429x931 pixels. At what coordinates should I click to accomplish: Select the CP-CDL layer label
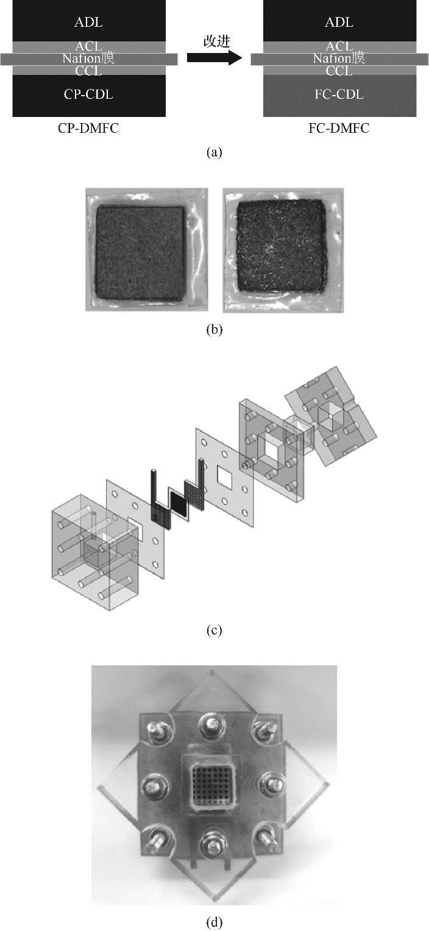(x=88, y=94)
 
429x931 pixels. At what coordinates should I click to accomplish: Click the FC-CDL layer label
(x=339, y=94)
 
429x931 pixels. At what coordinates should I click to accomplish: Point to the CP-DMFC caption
(x=88, y=129)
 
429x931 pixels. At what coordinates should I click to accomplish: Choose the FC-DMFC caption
(x=339, y=129)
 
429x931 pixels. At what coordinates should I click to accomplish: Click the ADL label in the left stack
(x=88, y=23)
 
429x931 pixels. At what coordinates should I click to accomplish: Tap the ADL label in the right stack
(x=339, y=23)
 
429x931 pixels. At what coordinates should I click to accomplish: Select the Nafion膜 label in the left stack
(x=88, y=58)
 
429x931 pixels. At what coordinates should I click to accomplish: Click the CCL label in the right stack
(x=339, y=71)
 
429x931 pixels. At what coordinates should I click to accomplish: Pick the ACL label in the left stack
(x=88, y=47)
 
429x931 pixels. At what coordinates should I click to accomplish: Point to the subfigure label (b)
(x=214, y=331)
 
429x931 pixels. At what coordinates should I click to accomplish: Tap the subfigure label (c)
(x=214, y=631)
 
